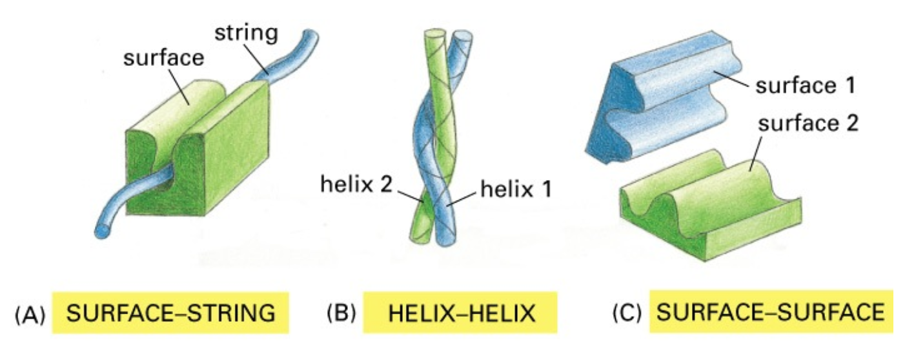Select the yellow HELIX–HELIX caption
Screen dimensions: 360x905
[x=461, y=314]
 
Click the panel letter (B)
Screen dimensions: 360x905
[x=339, y=314]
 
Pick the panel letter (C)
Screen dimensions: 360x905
[x=626, y=314]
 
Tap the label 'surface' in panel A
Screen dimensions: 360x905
[x=163, y=59]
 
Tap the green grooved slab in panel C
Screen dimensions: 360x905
[x=710, y=206]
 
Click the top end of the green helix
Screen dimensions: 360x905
[x=436, y=36]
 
